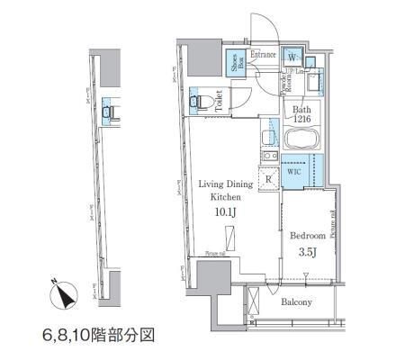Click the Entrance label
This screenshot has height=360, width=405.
263,54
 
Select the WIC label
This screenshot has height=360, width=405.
294,169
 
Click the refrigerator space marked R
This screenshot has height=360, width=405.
267,178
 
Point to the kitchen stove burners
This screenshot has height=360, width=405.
267,158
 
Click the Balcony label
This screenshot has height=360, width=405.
296,302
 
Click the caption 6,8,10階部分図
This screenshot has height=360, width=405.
98,334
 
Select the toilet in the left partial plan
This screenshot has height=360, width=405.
109,112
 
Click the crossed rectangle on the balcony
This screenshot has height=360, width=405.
253,301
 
